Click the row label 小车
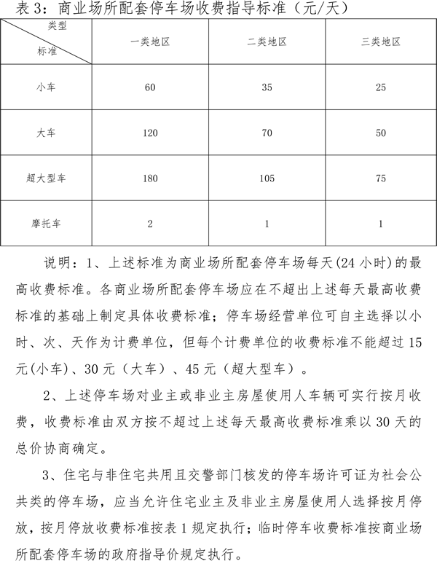coord(47,87)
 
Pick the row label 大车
coord(47,133)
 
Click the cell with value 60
coord(150,87)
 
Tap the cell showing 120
coord(150,133)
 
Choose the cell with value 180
coord(150,178)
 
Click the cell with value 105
coord(267,178)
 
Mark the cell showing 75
coord(381,178)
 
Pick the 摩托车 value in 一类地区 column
coord(150,223)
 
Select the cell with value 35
coord(267,87)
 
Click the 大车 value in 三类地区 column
coord(381,133)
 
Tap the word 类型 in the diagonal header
coord(66,27)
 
